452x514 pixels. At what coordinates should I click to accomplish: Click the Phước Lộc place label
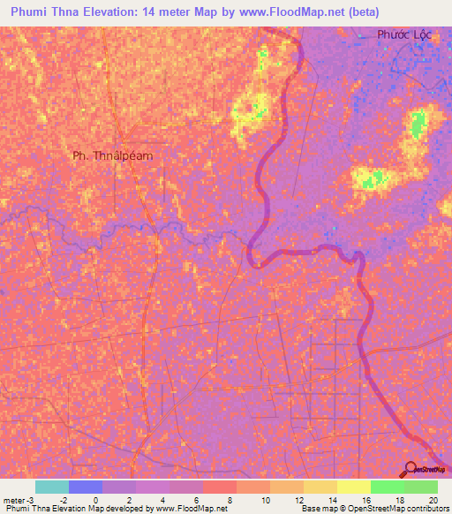[403, 34]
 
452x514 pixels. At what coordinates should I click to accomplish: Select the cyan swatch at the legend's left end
[52, 487]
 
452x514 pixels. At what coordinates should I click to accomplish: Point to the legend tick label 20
[433, 500]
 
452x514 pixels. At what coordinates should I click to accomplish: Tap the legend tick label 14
[332, 500]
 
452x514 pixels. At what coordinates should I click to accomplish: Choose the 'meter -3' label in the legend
[18, 500]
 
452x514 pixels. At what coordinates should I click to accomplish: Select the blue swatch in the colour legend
[86, 487]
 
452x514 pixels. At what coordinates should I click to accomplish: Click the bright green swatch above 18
[388, 487]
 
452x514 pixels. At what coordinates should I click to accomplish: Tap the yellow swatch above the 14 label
[320, 487]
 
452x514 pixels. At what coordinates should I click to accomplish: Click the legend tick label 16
[365, 500]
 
